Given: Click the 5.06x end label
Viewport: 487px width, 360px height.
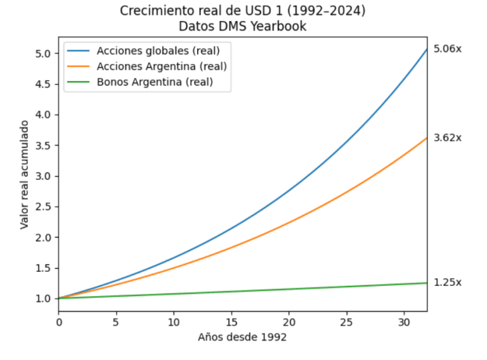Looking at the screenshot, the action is tap(447, 49).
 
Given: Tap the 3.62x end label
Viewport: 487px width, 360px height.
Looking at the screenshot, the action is tap(447, 138).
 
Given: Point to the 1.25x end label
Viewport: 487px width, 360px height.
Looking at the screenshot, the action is tap(447, 283).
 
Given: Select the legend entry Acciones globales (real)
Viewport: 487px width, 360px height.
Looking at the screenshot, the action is tap(158, 51).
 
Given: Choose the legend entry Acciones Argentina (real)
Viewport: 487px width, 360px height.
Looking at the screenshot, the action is tap(162, 67).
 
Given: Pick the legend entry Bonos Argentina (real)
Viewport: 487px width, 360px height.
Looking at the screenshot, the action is tap(155, 82).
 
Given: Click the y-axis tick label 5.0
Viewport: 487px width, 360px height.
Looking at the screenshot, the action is tap(43, 54).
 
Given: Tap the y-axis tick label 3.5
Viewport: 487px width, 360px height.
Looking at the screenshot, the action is tap(43, 146).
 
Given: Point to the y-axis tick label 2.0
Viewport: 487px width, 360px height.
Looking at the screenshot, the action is tap(43, 238).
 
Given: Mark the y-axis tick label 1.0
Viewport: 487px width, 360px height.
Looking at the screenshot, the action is tap(43, 299).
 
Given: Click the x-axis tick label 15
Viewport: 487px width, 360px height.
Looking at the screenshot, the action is tap(231, 323).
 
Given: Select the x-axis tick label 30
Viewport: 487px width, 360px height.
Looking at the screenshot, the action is tap(404, 323).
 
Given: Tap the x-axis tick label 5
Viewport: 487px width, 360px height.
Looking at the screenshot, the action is tap(116, 323).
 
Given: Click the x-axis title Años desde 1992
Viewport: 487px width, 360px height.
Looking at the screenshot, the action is tap(242, 337).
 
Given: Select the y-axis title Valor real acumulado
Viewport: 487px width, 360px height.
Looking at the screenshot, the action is tap(24, 175).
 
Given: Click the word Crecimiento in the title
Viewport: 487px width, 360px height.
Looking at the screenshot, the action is tap(152, 11).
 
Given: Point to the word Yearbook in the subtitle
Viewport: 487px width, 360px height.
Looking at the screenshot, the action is tap(278, 27).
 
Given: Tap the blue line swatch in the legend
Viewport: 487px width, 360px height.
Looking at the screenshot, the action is tap(78, 51).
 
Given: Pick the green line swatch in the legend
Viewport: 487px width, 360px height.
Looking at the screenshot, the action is tap(78, 82).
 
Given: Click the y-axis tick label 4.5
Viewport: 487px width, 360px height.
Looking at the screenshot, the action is tap(43, 84).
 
